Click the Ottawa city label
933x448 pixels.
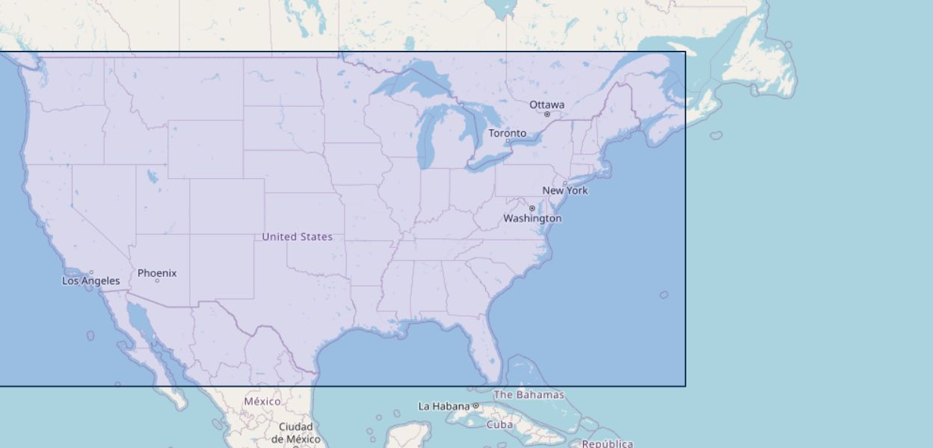click(546, 105)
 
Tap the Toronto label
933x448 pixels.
click(507, 133)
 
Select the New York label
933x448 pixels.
click(564, 190)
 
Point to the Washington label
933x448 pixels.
click(532, 218)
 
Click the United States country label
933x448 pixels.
click(297, 237)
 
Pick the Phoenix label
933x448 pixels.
click(157, 273)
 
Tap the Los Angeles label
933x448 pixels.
click(90, 281)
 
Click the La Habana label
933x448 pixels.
click(443, 406)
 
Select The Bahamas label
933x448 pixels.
click(529, 394)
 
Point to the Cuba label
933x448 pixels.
click(499, 424)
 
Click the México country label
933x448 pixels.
click(262, 401)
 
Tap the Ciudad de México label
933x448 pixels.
click(295, 433)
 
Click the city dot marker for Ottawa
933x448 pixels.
click(546, 114)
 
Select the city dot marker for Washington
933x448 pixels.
click(532, 208)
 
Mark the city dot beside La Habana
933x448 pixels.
click(475, 405)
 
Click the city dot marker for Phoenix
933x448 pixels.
click(157, 281)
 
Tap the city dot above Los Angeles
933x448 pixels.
click(91, 273)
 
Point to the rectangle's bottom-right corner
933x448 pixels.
click(685, 386)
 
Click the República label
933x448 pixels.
click(607, 444)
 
